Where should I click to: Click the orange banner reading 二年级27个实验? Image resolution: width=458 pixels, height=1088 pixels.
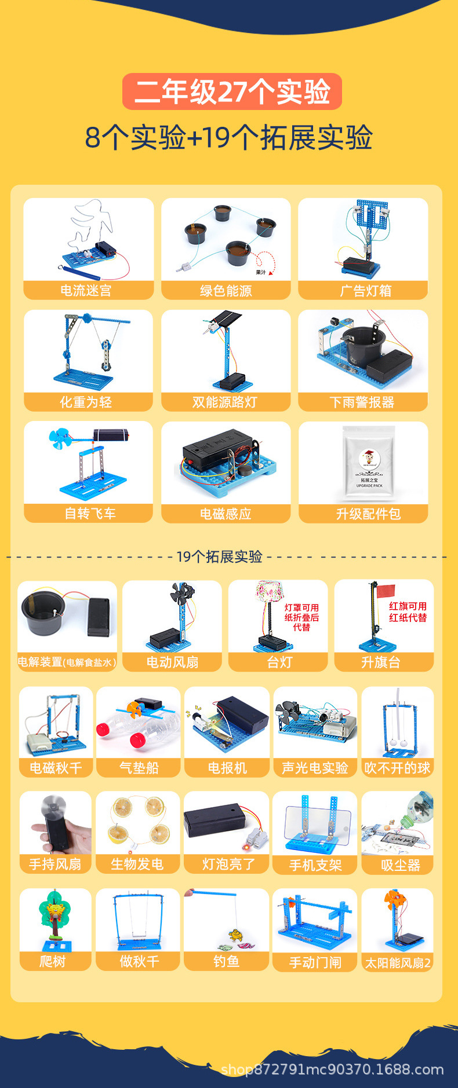(232, 91)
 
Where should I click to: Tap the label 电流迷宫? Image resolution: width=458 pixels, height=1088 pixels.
(86, 290)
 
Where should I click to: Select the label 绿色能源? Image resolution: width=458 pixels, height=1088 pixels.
(226, 290)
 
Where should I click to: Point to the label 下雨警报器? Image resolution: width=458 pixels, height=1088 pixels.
(362, 402)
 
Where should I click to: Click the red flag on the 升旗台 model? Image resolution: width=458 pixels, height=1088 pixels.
(386, 591)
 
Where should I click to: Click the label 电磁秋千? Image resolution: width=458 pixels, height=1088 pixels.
(56, 768)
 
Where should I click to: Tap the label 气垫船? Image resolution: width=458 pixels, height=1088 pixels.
(139, 768)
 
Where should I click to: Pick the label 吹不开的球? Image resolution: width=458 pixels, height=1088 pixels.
(397, 768)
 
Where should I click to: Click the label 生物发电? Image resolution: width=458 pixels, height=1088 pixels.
(137, 864)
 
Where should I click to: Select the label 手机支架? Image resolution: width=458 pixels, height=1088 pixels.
(315, 865)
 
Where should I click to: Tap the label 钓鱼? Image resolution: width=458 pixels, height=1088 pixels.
(226, 961)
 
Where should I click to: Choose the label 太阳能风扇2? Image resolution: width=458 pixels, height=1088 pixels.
(398, 962)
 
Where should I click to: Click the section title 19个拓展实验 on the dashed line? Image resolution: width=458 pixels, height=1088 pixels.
(219, 557)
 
